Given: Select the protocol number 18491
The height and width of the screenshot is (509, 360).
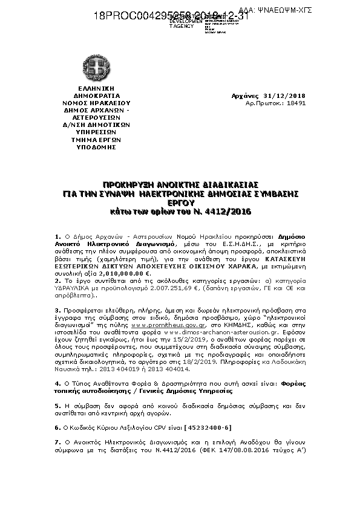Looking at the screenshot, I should coord(295,103).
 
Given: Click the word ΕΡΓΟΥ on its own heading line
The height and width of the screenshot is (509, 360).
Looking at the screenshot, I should coord(179,203).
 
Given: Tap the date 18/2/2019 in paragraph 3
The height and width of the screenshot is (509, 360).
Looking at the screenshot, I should coord(220,361).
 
